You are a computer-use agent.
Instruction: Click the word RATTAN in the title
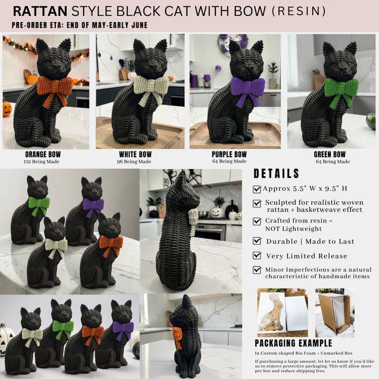tap(40, 11)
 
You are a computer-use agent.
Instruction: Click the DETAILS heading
tap(276, 174)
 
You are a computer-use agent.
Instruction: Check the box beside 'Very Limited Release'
tap(257, 256)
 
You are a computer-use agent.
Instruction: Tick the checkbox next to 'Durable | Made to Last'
tap(257, 241)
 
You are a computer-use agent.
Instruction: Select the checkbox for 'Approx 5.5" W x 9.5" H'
tap(257, 189)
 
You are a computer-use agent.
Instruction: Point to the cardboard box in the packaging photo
tap(335, 313)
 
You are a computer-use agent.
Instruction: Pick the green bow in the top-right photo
tap(341, 87)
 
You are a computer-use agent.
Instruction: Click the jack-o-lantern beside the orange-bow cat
tap(7, 109)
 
